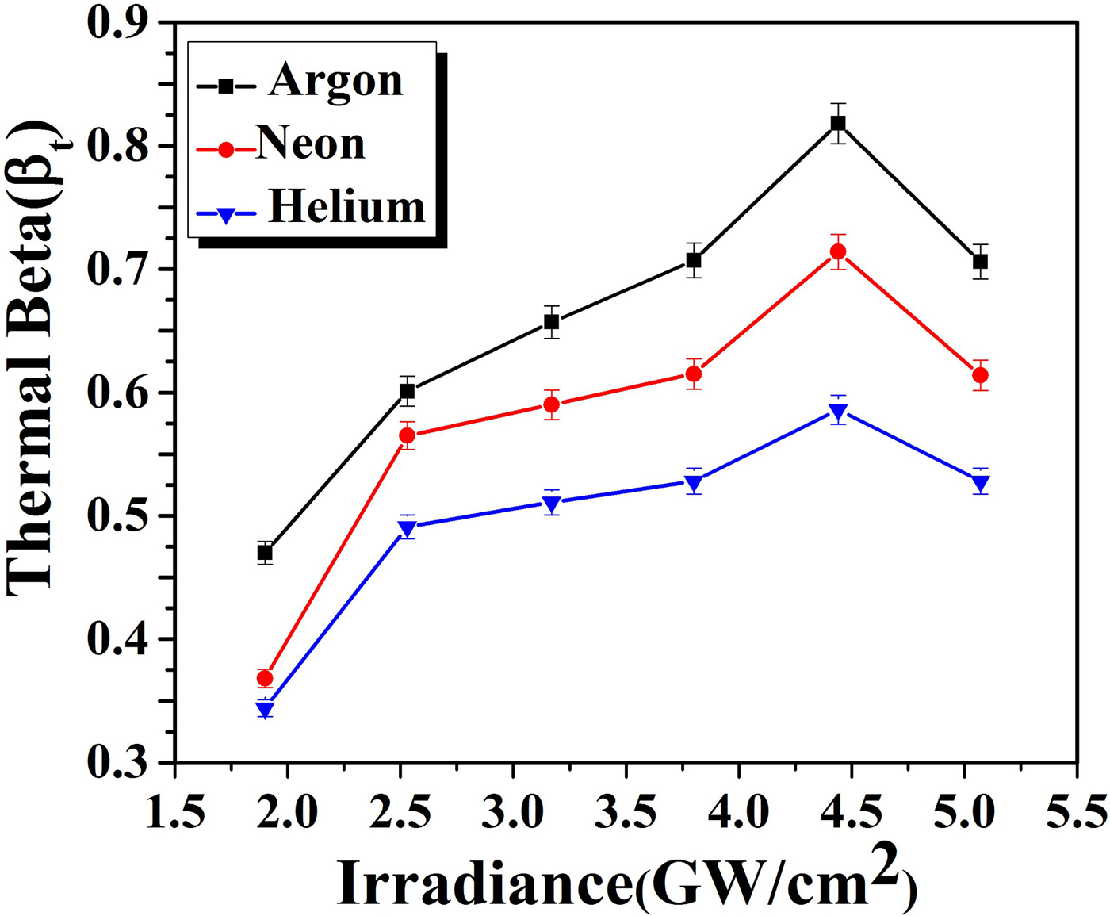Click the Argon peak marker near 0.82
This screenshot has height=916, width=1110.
click(x=838, y=123)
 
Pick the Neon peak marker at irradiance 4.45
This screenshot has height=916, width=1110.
click(x=838, y=252)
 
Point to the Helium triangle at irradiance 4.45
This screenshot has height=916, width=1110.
click(x=838, y=412)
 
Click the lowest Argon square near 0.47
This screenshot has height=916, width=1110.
click(x=265, y=553)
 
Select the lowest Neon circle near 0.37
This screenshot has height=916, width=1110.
click(x=265, y=678)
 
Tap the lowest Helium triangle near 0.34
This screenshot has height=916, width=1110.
click(x=265, y=709)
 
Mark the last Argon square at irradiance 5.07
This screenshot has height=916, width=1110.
click(x=981, y=261)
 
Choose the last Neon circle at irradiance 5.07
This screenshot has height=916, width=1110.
click(x=981, y=375)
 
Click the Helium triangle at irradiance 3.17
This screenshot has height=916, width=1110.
click(x=552, y=504)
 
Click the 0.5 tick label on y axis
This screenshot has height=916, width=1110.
click(x=118, y=516)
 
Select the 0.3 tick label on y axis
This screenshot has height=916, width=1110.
click(x=118, y=763)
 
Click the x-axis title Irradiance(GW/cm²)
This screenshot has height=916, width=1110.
click(x=626, y=880)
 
